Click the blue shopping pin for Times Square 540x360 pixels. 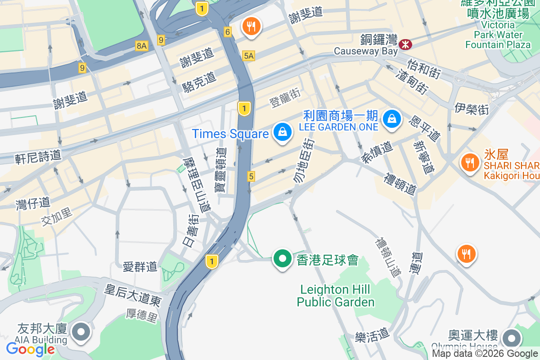(x=282, y=132)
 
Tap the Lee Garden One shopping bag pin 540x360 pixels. (x=392, y=119)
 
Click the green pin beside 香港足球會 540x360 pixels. (x=282, y=259)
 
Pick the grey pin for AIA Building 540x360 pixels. (x=81, y=333)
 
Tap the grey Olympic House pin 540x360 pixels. (x=511, y=338)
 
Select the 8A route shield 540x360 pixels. (x=142, y=45)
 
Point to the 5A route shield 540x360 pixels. (x=248, y=56)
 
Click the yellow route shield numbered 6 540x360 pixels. (x=228, y=32)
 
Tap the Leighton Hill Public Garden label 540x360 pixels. (x=336, y=296)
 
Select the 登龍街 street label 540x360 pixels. (x=285, y=98)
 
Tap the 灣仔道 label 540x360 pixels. (x=33, y=203)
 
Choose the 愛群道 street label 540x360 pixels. (x=140, y=267)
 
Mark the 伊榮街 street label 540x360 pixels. (x=471, y=108)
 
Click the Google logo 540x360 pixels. (x=30, y=349)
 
